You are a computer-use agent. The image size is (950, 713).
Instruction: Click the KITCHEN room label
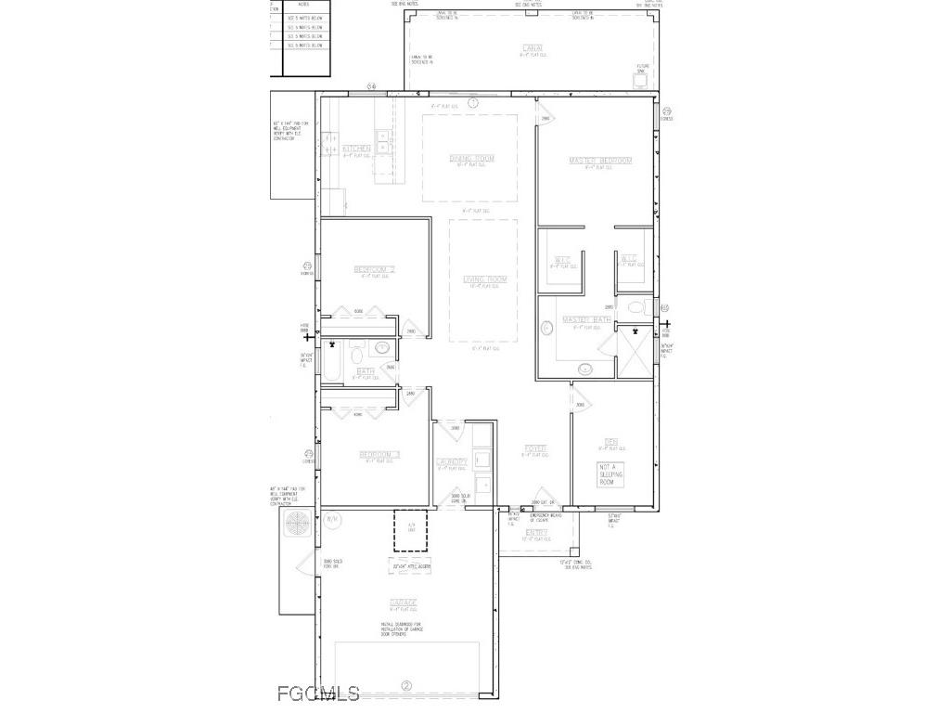[356, 149]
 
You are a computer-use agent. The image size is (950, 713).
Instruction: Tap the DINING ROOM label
[472, 159]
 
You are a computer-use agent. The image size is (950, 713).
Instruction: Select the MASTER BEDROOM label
[599, 161]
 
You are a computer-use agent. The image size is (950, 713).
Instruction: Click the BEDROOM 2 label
[375, 270]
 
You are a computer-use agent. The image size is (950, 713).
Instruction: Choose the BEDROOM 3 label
[379, 454]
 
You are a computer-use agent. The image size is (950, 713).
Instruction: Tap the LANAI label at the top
[532, 48]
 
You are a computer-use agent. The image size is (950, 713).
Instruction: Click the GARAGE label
[403, 603]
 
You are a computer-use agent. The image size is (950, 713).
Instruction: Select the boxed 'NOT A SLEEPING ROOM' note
[610, 473]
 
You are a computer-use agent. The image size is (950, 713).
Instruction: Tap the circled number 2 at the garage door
[405, 687]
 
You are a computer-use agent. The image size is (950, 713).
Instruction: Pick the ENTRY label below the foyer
[536, 532]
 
